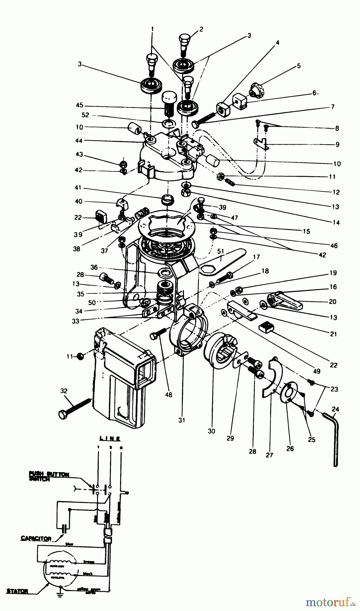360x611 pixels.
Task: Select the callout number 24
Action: [336, 409]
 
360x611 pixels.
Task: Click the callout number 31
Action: [182, 420]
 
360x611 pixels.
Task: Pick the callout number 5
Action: [299, 66]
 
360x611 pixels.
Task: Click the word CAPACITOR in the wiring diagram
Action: [36, 538]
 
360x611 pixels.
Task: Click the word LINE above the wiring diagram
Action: [109, 439]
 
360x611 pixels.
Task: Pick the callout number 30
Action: [212, 431]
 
